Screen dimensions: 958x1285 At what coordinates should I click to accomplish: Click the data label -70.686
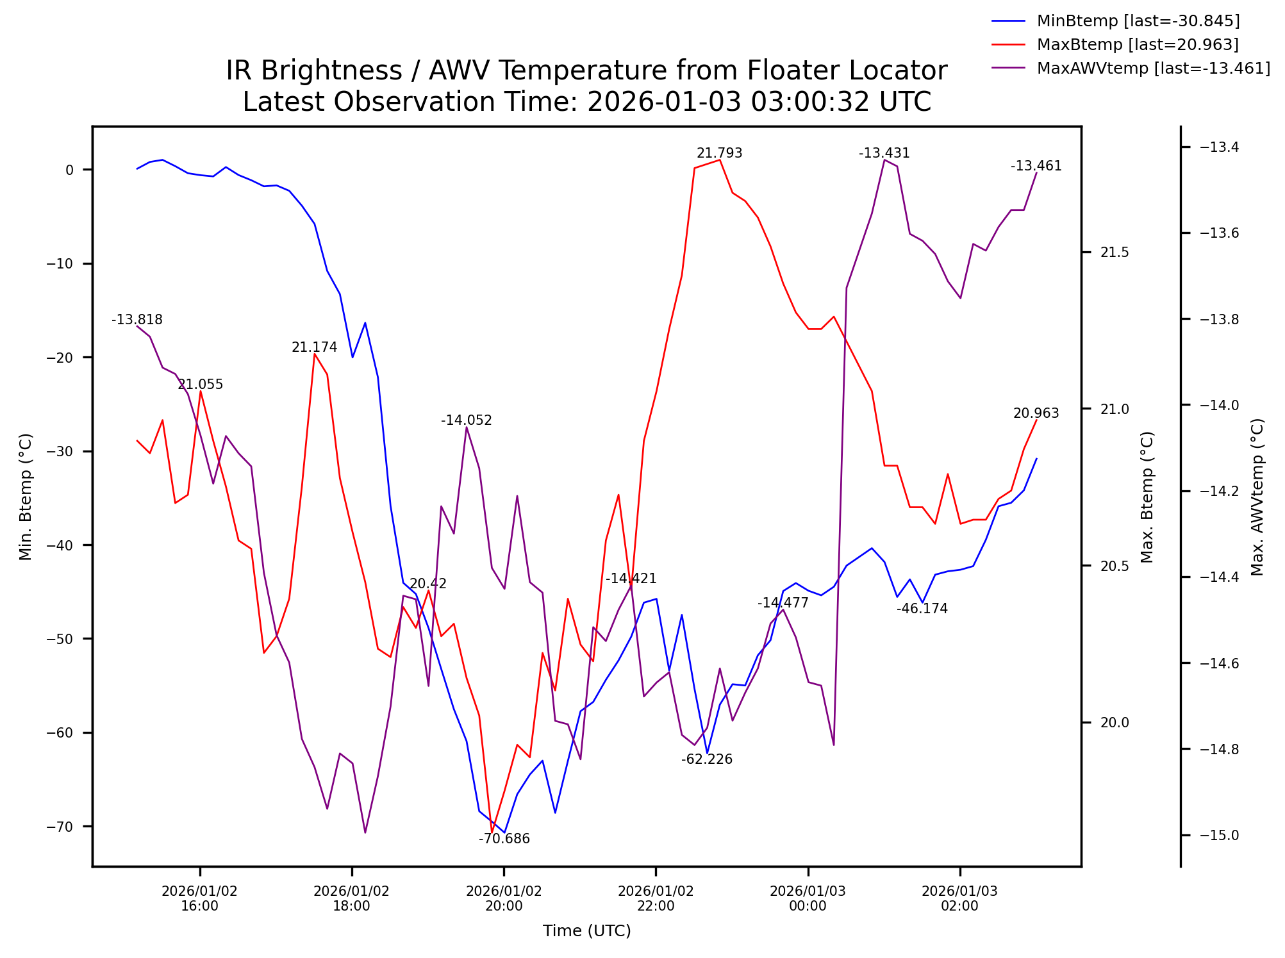tap(504, 839)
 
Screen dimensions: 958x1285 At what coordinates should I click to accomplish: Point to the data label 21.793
tap(719, 153)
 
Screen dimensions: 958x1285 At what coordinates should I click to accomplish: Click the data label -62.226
tap(706, 759)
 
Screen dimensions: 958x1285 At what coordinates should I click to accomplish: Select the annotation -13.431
tap(884, 153)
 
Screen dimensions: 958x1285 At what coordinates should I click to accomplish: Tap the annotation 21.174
tap(314, 347)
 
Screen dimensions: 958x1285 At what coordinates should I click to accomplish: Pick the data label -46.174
tap(922, 609)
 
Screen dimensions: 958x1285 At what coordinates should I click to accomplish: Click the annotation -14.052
tap(466, 420)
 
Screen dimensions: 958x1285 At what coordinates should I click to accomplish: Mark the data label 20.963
tap(1036, 413)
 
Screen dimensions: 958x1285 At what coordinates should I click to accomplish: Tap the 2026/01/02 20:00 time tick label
tap(504, 898)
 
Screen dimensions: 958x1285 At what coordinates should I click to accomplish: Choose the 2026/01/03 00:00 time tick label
tap(808, 898)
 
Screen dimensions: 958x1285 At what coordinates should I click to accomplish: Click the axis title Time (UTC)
tap(586, 931)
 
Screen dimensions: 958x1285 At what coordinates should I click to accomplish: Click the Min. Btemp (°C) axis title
tap(25, 497)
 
